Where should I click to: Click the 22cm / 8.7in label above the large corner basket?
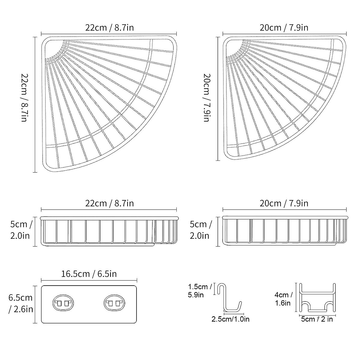(x=109, y=28)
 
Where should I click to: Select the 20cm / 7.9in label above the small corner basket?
(x=284, y=28)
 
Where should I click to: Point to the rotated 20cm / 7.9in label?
(x=207, y=97)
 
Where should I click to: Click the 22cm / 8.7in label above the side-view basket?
(x=109, y=203)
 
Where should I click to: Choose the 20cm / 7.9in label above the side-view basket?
(x=284, y=203)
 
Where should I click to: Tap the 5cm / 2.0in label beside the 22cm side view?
(x=21, y=230)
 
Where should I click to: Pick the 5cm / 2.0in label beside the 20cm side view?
(x=200, y=230)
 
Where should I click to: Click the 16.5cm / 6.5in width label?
(x=89, y=274)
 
